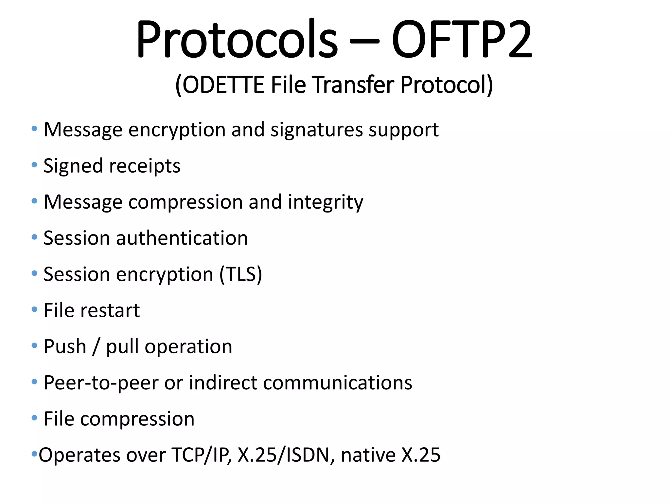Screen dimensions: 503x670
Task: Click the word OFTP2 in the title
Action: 462,39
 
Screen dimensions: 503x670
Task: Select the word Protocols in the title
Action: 237,39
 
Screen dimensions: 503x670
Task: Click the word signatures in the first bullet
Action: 317,130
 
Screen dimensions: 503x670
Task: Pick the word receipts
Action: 145,166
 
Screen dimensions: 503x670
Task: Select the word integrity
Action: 326,202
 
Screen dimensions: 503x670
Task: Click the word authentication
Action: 182,238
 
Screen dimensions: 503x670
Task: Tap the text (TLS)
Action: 241,274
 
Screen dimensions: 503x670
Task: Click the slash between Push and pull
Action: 96,347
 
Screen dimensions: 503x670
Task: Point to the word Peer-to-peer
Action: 101,383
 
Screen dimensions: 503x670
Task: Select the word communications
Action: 337,382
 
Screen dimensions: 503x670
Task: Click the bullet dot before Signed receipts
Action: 34,165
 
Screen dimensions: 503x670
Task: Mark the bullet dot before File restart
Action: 34,309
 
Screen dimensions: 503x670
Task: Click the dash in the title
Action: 364,42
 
